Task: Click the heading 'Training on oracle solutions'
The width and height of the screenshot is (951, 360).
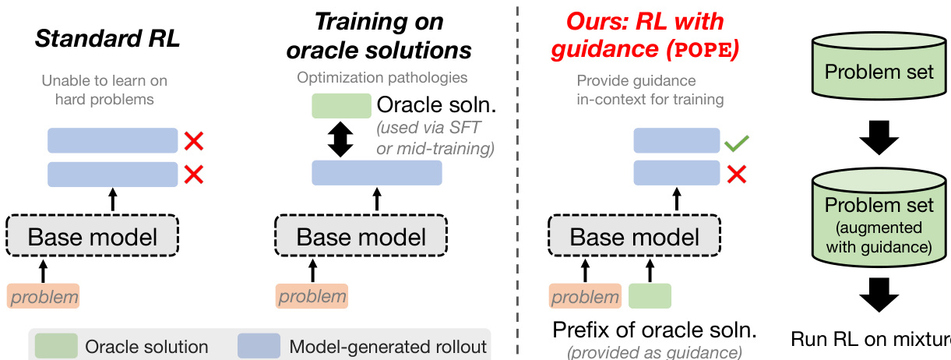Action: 379,37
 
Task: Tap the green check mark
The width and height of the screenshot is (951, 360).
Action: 735,143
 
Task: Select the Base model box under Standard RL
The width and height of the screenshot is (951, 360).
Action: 93,235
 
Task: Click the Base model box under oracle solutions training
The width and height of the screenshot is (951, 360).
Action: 361,235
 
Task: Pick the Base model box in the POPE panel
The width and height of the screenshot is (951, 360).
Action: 636,235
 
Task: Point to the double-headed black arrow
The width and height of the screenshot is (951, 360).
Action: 341,139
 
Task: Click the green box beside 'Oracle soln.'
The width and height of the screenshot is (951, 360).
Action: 341,106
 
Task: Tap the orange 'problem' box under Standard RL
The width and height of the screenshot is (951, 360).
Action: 44,296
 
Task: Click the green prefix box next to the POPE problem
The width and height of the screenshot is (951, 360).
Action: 650,296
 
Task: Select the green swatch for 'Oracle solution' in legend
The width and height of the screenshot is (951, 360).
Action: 56,346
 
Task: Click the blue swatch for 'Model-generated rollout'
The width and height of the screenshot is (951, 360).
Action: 259,346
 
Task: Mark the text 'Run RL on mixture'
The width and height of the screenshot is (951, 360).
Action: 871,339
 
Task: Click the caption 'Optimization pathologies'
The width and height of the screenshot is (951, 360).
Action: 382,78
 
